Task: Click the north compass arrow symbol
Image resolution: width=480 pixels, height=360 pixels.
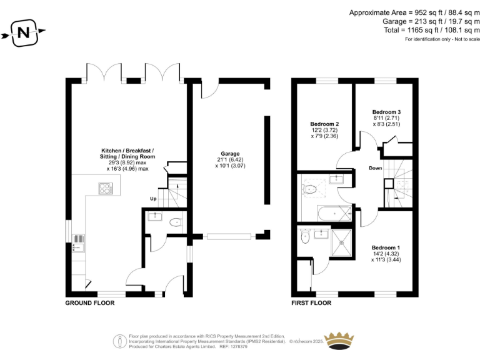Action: tap(24, 32)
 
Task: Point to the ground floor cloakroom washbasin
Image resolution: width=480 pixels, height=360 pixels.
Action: tap(153, 217)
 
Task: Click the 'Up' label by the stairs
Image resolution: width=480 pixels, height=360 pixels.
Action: tap(152, 199)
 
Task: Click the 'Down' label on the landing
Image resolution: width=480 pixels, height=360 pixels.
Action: tap(375, 168)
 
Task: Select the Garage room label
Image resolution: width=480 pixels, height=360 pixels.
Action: tap(229, 153)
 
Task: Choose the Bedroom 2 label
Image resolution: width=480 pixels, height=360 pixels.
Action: tap(324, 124)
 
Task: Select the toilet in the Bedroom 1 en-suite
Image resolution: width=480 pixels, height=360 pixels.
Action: tap(304, 236)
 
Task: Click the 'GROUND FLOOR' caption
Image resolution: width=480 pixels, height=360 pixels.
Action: tap(90, 302)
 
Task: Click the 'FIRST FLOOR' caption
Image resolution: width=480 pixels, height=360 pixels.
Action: tap(311, 302)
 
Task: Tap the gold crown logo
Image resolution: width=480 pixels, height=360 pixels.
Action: tap(342, 341)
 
